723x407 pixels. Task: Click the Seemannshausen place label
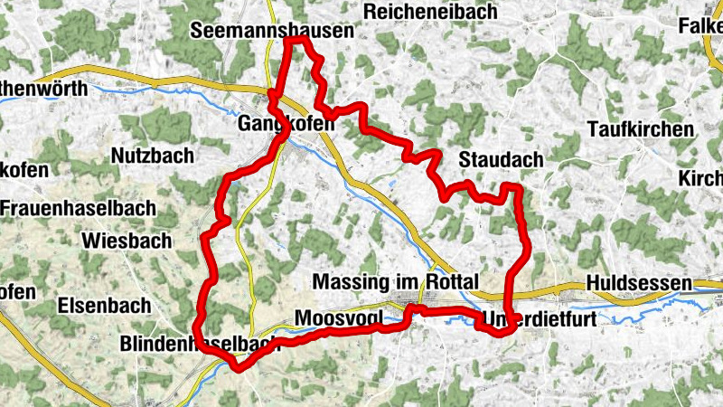click(270, 31)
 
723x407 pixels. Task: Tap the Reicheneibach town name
click(432, 11)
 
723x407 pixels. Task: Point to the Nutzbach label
click(152, 156)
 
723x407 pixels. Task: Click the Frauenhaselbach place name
click(78, 207)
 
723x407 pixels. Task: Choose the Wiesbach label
click(127, 241)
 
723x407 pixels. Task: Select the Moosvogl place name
click(339, 318)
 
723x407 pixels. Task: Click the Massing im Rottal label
click(394, 282)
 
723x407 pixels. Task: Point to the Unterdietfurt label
click(538, 320)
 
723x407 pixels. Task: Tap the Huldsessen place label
click(639, 283)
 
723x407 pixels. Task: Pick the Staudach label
click(501, 160)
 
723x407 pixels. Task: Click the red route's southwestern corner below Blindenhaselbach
click(237, 366)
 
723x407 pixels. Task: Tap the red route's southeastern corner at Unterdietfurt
click(502, 332)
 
